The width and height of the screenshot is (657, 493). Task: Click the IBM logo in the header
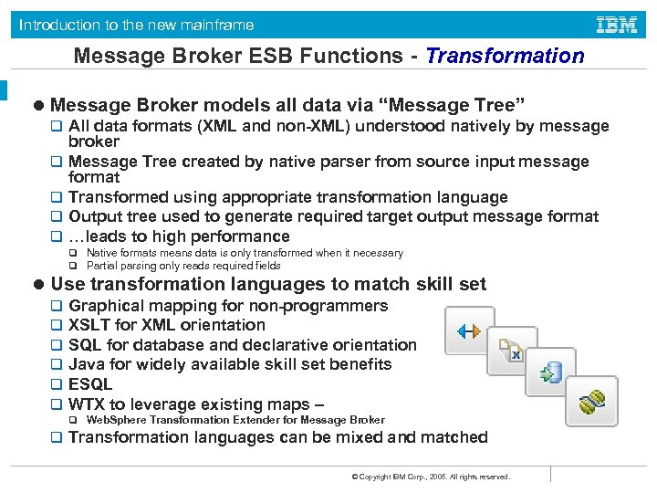[616, 25]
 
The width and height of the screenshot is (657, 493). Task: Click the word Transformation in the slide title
[505, 56]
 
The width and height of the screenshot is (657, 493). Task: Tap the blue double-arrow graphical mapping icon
[469, 331]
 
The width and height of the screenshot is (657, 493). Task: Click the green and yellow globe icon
[590, 400]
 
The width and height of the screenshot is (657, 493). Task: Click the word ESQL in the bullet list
[90, 384]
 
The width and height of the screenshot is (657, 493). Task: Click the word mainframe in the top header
[217, 25]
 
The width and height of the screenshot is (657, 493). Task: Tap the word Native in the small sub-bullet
[100, 253]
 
